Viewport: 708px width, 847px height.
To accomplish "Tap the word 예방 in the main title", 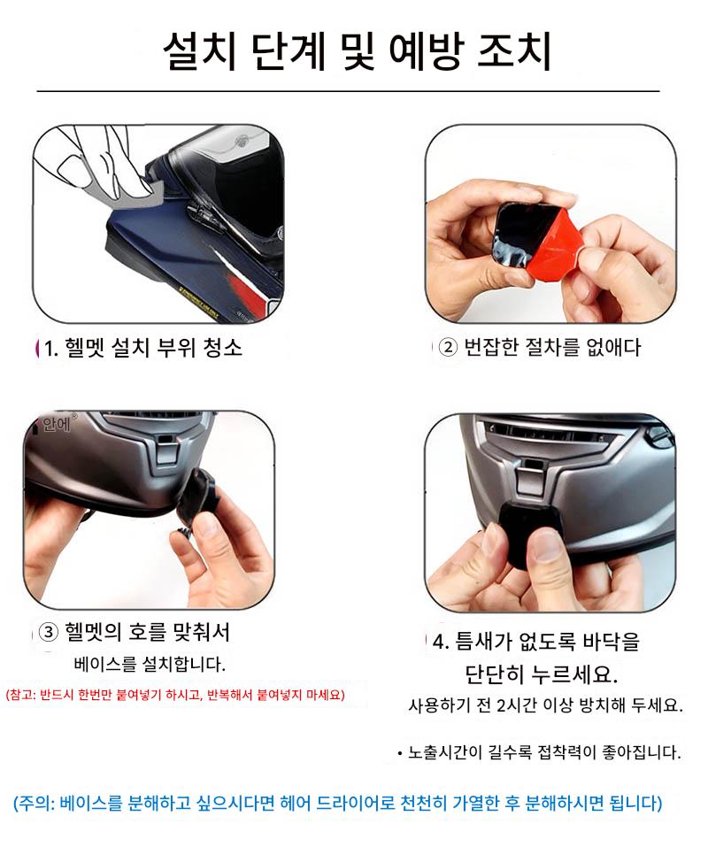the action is tap(426, 52).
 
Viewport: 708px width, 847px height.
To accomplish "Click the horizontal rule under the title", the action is tap(349, 91).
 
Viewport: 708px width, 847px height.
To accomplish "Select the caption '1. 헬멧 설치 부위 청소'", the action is tap(143, 348).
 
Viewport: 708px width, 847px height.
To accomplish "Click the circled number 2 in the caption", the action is tap(448, 347).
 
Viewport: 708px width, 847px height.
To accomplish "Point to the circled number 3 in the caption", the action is tap(49, 632).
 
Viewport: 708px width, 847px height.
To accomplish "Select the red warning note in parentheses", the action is tap(175, 695).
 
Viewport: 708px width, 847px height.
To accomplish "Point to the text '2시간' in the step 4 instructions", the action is tap(510, 705).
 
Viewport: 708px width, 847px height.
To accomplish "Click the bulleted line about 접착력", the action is tap(539, 752).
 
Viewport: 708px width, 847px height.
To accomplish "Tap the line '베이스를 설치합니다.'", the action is tap(150, 664).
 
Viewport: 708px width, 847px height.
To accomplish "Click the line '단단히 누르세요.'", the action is tap(541, 674).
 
